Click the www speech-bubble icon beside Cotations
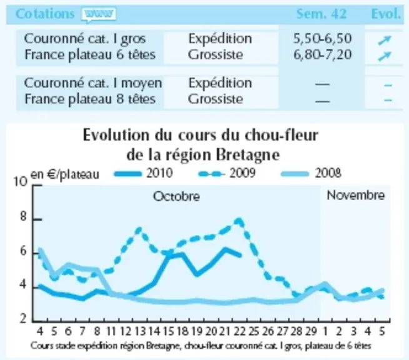[x=98, y=14]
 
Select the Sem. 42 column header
[x=322, y=14]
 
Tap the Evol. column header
[x=386, y=14]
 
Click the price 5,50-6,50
[x=322, y=39]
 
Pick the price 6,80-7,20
[x=322, y=55]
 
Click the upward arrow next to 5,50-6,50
[x=385, y=40]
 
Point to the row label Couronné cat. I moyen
[x=93, y=84]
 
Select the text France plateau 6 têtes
[x=90, y=55]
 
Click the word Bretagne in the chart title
[x=248, y=155]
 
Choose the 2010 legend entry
[x=144, y=173]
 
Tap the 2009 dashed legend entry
[x=227, y=173]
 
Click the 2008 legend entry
[x=312, y=173]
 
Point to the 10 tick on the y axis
[x=21, y=182]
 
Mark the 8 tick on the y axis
[x=24, y=216]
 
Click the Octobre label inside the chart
[x=176, y=196]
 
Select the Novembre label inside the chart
[x=356, y=195]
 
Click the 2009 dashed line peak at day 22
[x=239, y=221]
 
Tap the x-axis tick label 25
[x=254, y=331]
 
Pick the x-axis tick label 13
[x=140, y=331]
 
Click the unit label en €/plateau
[x=65, y=174]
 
